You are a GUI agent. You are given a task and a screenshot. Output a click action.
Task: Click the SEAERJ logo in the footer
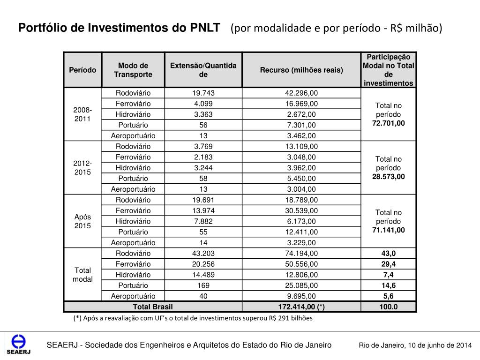18,345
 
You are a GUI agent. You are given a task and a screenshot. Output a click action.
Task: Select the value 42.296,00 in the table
301,93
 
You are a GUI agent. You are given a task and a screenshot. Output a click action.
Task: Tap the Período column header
82,70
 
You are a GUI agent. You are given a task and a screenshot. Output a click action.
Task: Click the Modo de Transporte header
133,70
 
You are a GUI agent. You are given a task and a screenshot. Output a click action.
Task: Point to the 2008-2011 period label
82,114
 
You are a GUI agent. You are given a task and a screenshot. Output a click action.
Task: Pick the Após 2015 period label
82,221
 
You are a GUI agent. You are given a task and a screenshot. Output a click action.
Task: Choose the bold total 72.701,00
389,123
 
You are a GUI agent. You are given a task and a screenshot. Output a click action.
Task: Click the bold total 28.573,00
389,177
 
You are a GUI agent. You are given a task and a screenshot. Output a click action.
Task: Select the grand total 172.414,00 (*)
301,307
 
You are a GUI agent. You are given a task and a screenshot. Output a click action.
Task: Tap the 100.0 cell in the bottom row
389,307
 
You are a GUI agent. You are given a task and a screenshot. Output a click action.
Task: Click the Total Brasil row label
153,307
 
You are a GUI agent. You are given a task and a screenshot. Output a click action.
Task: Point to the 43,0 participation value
389,254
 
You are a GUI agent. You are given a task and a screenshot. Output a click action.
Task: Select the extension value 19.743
203,93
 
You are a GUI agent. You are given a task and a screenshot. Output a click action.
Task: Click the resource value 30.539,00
301,210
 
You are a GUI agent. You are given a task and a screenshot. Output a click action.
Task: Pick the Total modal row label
82,275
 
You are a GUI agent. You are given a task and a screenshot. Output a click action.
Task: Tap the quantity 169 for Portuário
203,285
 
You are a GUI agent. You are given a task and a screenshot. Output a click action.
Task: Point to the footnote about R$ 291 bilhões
192,318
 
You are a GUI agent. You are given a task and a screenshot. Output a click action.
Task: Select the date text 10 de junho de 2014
439,345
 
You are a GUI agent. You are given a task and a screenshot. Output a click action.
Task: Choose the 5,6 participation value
389,296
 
